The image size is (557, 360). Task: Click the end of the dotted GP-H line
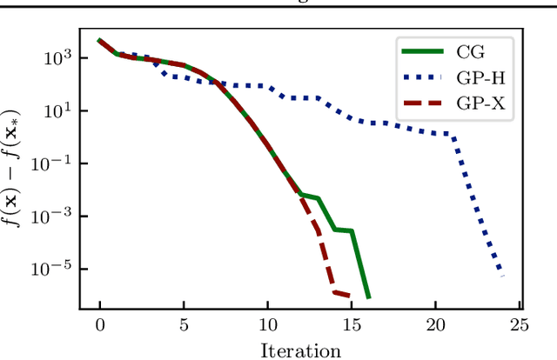point(502,277)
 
